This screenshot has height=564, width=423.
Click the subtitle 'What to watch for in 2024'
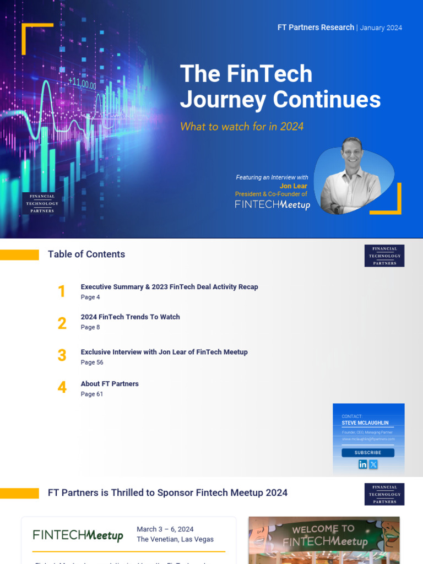click(x=242, y=127)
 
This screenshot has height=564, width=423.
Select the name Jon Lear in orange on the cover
click(x=293, y=186)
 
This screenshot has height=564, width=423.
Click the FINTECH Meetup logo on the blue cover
click(x=272, y=204)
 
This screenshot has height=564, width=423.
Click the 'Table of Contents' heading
click(x=86, y=254)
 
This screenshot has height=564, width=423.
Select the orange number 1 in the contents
click(x=62, y=291)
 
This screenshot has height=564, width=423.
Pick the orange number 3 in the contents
click(x=62, y=355)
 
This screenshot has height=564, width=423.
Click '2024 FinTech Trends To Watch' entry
click(x=130, y=317)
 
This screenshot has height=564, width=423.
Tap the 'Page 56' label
click(x=92, y=362)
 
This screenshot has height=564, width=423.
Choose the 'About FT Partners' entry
click(x=110, y=384)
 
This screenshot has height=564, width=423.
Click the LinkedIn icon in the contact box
click(x=363, y=464)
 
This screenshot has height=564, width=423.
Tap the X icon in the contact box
click(x=373, y=464)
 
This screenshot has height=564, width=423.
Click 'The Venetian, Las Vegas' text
click(x=175, y=539)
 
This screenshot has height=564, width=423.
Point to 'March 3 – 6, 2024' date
click(x=165, y=529)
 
